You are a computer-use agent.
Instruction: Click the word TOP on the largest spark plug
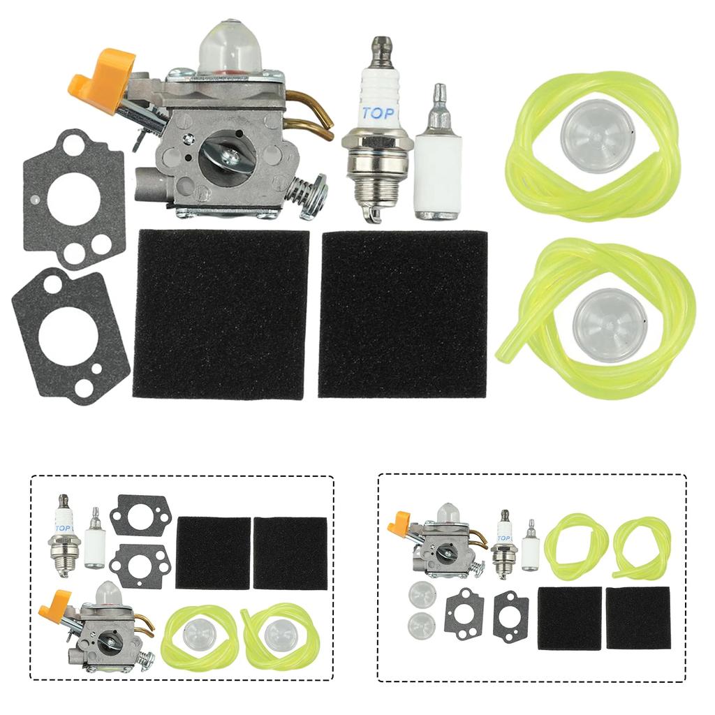point(378,114)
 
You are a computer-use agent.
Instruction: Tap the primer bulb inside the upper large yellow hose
point(598,131)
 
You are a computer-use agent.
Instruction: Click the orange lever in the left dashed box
point(54,604)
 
